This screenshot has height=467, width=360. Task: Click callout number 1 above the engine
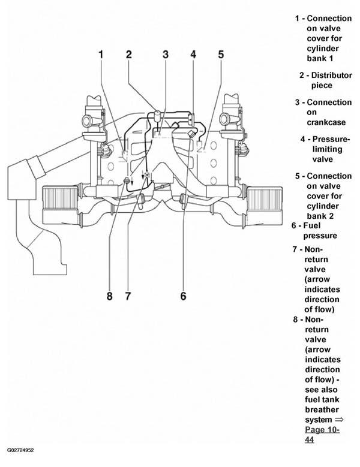point(101,55)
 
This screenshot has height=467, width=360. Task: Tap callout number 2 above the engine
point(129,55)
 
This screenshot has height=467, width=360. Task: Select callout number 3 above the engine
point(166,55)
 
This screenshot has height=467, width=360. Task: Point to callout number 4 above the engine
point(193,55)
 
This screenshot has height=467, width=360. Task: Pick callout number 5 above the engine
point(221,55)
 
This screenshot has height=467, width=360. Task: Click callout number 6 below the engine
point(183,296)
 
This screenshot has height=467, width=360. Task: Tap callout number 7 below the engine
point(128,296)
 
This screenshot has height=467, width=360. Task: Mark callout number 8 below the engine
point(110,296)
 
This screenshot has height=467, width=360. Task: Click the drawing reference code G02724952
point(20,450)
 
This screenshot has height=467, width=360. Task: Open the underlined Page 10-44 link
point(322,435)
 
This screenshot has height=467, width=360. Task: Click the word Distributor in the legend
point(332,76)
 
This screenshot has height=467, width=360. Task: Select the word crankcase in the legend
point(326,122)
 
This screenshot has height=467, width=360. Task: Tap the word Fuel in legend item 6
point(312,226)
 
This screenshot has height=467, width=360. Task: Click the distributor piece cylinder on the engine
point(157,115)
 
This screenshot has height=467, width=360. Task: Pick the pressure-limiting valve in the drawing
point(191,119)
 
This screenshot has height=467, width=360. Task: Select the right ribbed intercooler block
point(265,197)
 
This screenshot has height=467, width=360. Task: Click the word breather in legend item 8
point(322,410)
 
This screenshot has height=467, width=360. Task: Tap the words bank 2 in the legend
point(320,216)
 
